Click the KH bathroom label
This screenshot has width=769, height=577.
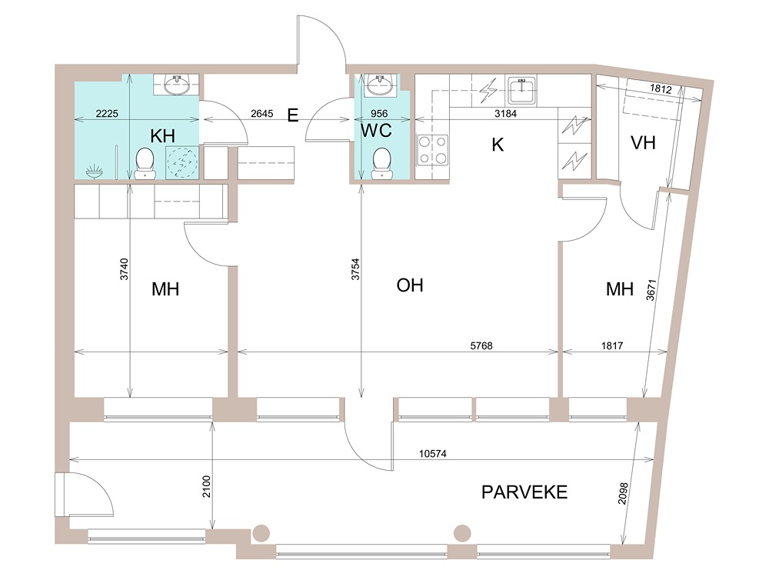pyautogui.click(x=162, y=135)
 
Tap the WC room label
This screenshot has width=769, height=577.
pyautogui.click(x=377, y=131)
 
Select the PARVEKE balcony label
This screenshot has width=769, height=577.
pyautogui.click(x=524, y=492)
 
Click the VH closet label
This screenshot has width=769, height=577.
pyautogui.click(x=643, y=143)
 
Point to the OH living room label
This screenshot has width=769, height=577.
pyautogui.click(x=410, y=285)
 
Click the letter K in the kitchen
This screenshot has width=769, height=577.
pyautogui.click(x=498, y=145)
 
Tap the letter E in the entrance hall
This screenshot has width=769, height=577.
pyautogui.click(x=292, y=116)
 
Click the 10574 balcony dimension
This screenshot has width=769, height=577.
pyautogui.click(x=432, y=454)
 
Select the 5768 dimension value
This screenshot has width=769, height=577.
pyautogui.click(x=481, y=346)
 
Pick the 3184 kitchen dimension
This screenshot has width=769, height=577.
pyautogui.click(x=505, y=114)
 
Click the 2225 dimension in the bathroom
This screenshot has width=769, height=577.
pyautogui.click(x=107, y=114)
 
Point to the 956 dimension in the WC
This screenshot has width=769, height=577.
pyautogui.click(x=379, y=114)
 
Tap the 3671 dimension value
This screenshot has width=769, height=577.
pyautogui.click(x=651, y=290)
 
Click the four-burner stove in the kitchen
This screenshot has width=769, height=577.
pyautogui.click(x=432, y=150)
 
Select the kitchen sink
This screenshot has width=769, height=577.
pyautogui.click(x=522, y=90)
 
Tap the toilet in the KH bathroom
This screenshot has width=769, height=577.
pyautogui.click(x=145, y=164)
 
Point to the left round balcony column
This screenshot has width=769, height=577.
pyautogui.click(x=261, y=532)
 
